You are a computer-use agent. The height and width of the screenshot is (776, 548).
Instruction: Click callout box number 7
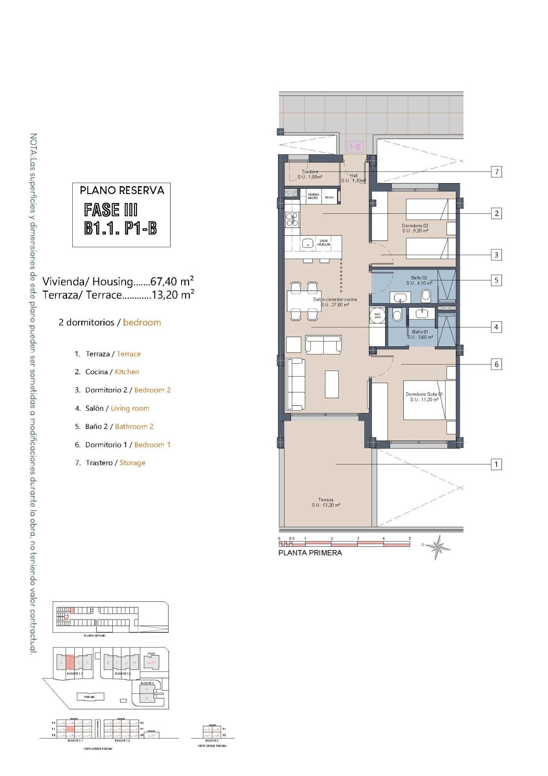click(x=496, y=172)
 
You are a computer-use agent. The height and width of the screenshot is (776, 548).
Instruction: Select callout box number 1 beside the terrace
click(x=496, y=464)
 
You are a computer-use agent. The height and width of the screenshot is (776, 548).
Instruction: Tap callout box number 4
click(x=496, y=327)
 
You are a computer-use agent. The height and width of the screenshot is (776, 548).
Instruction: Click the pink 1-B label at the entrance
click(x=355, y=147)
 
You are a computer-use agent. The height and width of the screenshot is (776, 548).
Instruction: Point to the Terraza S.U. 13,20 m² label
click(x=326, y=502)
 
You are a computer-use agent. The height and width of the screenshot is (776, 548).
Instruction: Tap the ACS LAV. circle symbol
click(x=377, y=315)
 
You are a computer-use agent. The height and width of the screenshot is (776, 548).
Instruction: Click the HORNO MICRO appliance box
click(x=313, y=196)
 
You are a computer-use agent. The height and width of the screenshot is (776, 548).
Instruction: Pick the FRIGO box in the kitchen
click(x=329, y=197)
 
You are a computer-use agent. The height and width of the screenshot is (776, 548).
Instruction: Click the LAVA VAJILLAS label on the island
click(x=324, y=242)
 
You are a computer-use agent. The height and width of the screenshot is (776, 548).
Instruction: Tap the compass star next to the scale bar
click(x=437, y=547)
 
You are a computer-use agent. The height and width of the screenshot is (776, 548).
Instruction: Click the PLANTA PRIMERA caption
click(x=310, y=553)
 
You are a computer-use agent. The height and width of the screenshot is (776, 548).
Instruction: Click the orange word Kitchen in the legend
click(x=127, y=372)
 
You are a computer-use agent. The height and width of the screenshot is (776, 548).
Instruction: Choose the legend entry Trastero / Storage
click(x=115, y=463)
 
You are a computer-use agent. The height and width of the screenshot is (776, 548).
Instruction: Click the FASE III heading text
click(x=111, y=210)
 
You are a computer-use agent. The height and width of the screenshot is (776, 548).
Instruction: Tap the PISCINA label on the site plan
click(x=89, y=697)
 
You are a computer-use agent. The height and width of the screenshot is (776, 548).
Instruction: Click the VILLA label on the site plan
click(x=151, y=654)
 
